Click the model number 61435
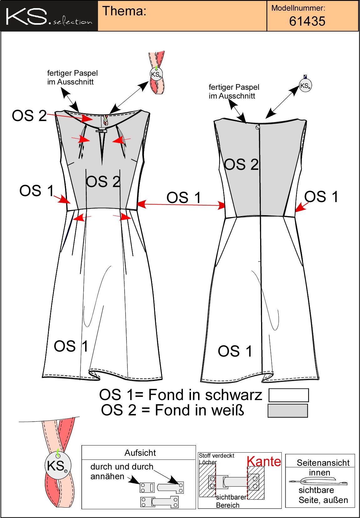pos(307,21)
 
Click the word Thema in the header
pos(124,11)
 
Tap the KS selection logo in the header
pos(49,16)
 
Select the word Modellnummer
pos(298,8)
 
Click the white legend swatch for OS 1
pos(289,395)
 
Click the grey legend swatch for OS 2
pos(288,410)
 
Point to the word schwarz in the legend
pos(234,395)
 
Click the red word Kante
pos(264,461)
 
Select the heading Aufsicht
pos(140,453)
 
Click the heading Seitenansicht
pos(323,463)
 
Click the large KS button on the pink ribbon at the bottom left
pos(58,465)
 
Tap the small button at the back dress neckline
pos(257,127)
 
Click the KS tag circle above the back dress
pos(305,86)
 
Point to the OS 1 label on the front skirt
pos(71,346)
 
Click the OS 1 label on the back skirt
pos(235,351)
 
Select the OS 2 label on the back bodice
pos(241,165)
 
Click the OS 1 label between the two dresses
pos(183,197)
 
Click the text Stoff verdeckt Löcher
pos(216,459)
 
